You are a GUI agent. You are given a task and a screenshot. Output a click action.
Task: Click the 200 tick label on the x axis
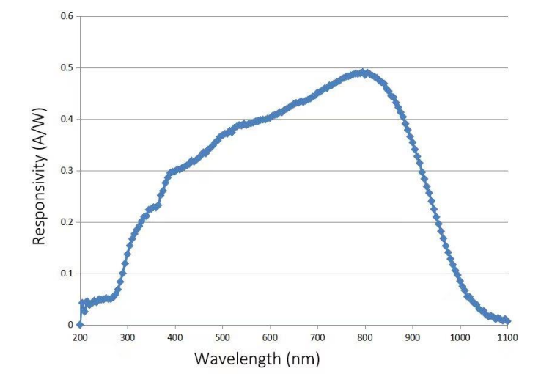pos(80,337)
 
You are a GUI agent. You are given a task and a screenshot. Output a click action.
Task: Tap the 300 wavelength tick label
pos(128,337)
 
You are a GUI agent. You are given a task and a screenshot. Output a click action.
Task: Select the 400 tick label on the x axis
pos(175,337)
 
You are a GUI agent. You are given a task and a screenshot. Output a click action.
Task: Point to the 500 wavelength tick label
pos(223,337)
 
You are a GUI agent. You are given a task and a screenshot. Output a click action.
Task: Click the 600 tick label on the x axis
pos(270,337)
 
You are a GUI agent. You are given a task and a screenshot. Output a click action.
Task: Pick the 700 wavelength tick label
pos(317,337)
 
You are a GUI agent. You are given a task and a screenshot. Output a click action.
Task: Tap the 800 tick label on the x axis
pos(365,337)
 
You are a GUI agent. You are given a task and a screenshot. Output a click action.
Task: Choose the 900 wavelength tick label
pos(413,337)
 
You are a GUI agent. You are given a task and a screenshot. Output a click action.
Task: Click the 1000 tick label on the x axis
pos(460,337)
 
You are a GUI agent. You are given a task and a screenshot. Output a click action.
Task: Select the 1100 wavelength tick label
pos(507,337)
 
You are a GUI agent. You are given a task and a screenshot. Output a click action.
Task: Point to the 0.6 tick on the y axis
pos(67,17)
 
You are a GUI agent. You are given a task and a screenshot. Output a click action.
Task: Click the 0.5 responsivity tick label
pos(67,68)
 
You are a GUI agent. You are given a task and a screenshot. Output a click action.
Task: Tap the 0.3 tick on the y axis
pos(67,171)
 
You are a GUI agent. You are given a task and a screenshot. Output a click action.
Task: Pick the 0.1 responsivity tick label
pos(67,274)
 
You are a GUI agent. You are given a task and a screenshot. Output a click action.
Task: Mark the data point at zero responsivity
pos(80,325)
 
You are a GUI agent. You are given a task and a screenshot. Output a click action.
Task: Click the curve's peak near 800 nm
pos(362,73)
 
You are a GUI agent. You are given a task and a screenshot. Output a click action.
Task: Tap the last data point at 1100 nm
pos(507,321)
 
